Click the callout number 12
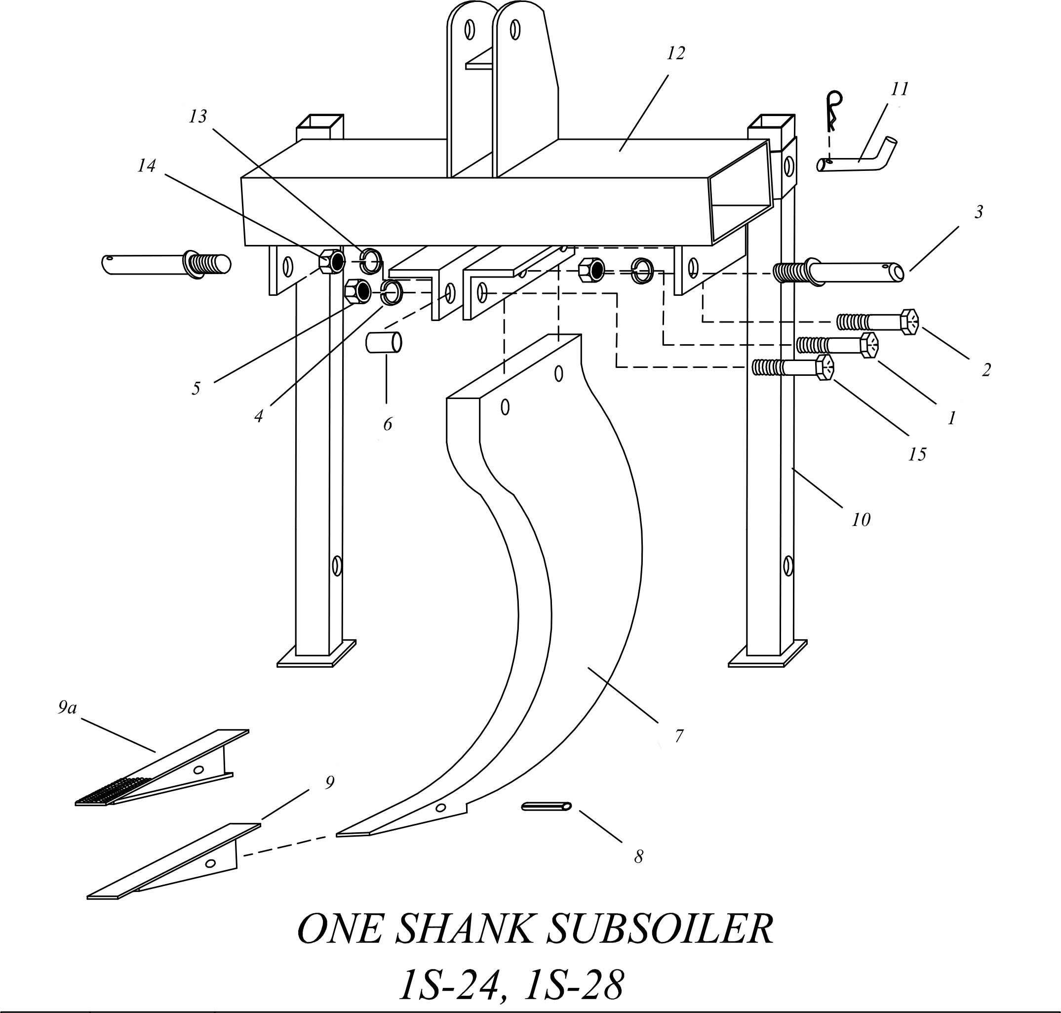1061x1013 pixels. [x=675, y=53]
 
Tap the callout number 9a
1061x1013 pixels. [x=68, y=707]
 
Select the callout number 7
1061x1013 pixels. [x=678, y=735]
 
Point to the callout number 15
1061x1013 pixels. [x=916, y=454]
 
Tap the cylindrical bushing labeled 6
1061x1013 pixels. [x=384, y=342]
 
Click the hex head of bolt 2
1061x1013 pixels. [x=909, y=323]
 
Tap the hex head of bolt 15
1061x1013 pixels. [x=825, y=368]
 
